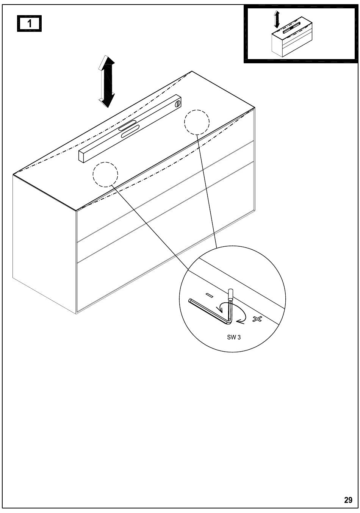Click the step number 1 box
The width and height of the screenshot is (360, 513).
pos(29,24)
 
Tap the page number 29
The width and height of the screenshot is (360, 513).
pos(348,500)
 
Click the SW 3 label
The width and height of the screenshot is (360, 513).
pos(234,337)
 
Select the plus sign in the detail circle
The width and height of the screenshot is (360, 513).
pos(257,319)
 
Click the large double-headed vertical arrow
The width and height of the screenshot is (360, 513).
pos(106,81)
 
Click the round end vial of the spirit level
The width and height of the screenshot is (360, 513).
pos(177,105)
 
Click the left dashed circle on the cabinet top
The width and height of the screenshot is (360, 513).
pos(105,174)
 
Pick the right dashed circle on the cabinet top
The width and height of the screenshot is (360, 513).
pos(197,122)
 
